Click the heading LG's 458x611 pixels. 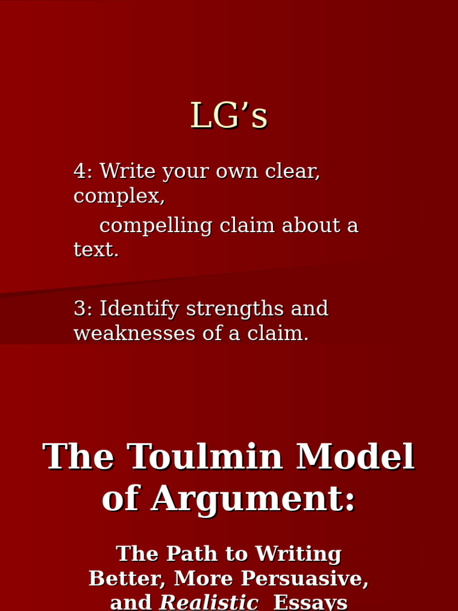pos(229,116)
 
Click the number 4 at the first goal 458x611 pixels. pos(80,171)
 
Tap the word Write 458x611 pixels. pos(122,171)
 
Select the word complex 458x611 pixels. pos(119,196)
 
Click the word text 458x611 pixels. pos(95,250)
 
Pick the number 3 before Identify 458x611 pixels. pos(80,309)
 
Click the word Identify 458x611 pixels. pos(140,309)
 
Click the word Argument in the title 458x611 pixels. pos(253,499)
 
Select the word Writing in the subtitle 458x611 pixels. pos(298,554)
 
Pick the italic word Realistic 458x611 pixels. pos(209,602)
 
